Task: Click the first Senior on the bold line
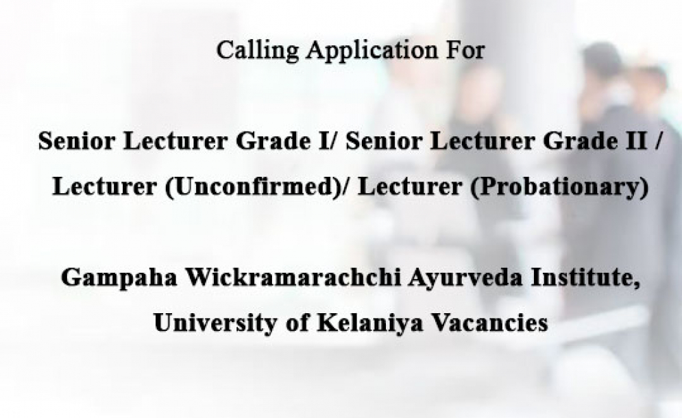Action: tap(78, 141)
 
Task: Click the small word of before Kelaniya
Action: tap(297, 322)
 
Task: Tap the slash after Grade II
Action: tap(658, 141)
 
